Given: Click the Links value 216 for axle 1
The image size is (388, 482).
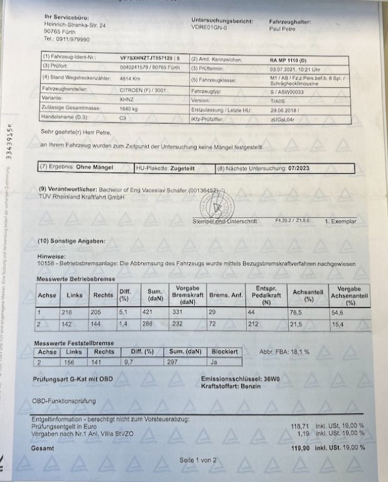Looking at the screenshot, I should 70,312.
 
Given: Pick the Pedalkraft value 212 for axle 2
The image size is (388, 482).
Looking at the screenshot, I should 254,324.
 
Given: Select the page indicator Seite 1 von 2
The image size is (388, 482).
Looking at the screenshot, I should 198,460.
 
